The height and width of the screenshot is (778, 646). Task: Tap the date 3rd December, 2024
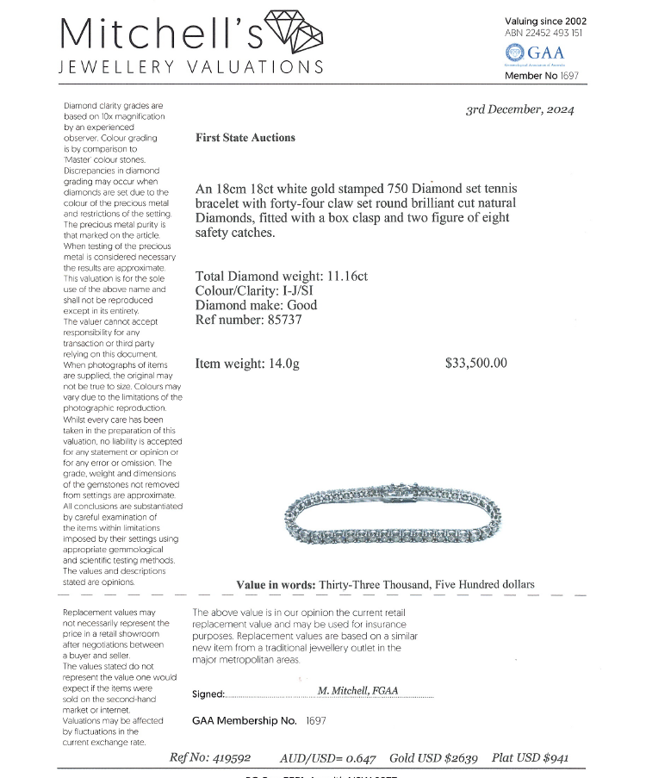point(520,109)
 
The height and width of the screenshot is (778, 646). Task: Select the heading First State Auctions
point(245,138)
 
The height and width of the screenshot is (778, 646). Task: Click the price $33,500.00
point(476,364)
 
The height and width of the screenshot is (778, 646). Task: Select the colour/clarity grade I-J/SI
point(311,291)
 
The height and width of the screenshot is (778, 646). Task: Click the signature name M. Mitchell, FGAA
point(363,690)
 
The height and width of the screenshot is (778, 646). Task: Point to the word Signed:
point(208,694)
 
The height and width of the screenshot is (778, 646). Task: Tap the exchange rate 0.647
point(361,758)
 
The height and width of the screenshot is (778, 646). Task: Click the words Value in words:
point(276,584)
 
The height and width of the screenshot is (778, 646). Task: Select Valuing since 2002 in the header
point(545,20)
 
